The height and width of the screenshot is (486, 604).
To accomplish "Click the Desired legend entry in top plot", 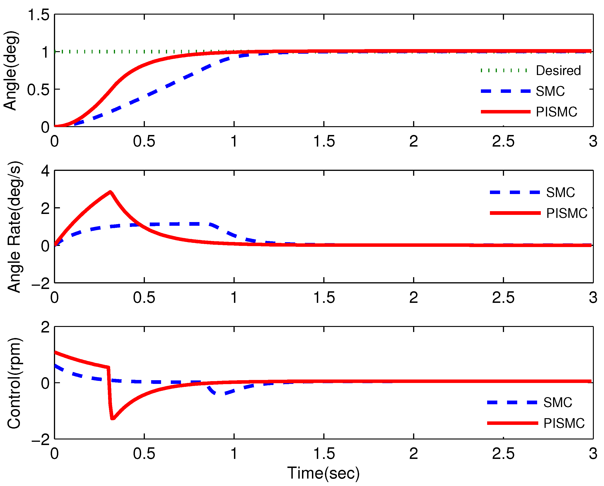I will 558,71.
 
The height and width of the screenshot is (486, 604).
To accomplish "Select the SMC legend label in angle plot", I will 550,91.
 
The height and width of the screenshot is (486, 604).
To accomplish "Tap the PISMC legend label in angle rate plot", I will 567,213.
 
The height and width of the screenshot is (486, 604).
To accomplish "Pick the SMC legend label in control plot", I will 557,403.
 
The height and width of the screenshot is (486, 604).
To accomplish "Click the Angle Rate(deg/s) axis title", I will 14,227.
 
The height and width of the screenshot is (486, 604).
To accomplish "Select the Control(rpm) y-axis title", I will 14,383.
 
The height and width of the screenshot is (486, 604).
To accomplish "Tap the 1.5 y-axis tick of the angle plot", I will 39,15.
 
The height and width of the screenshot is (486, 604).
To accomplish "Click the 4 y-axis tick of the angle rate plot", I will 45,171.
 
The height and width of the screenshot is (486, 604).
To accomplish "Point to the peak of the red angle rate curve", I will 110,192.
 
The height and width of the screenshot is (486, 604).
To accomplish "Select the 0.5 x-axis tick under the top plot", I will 144,141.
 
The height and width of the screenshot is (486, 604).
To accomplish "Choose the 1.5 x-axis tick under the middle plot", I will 324,298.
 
